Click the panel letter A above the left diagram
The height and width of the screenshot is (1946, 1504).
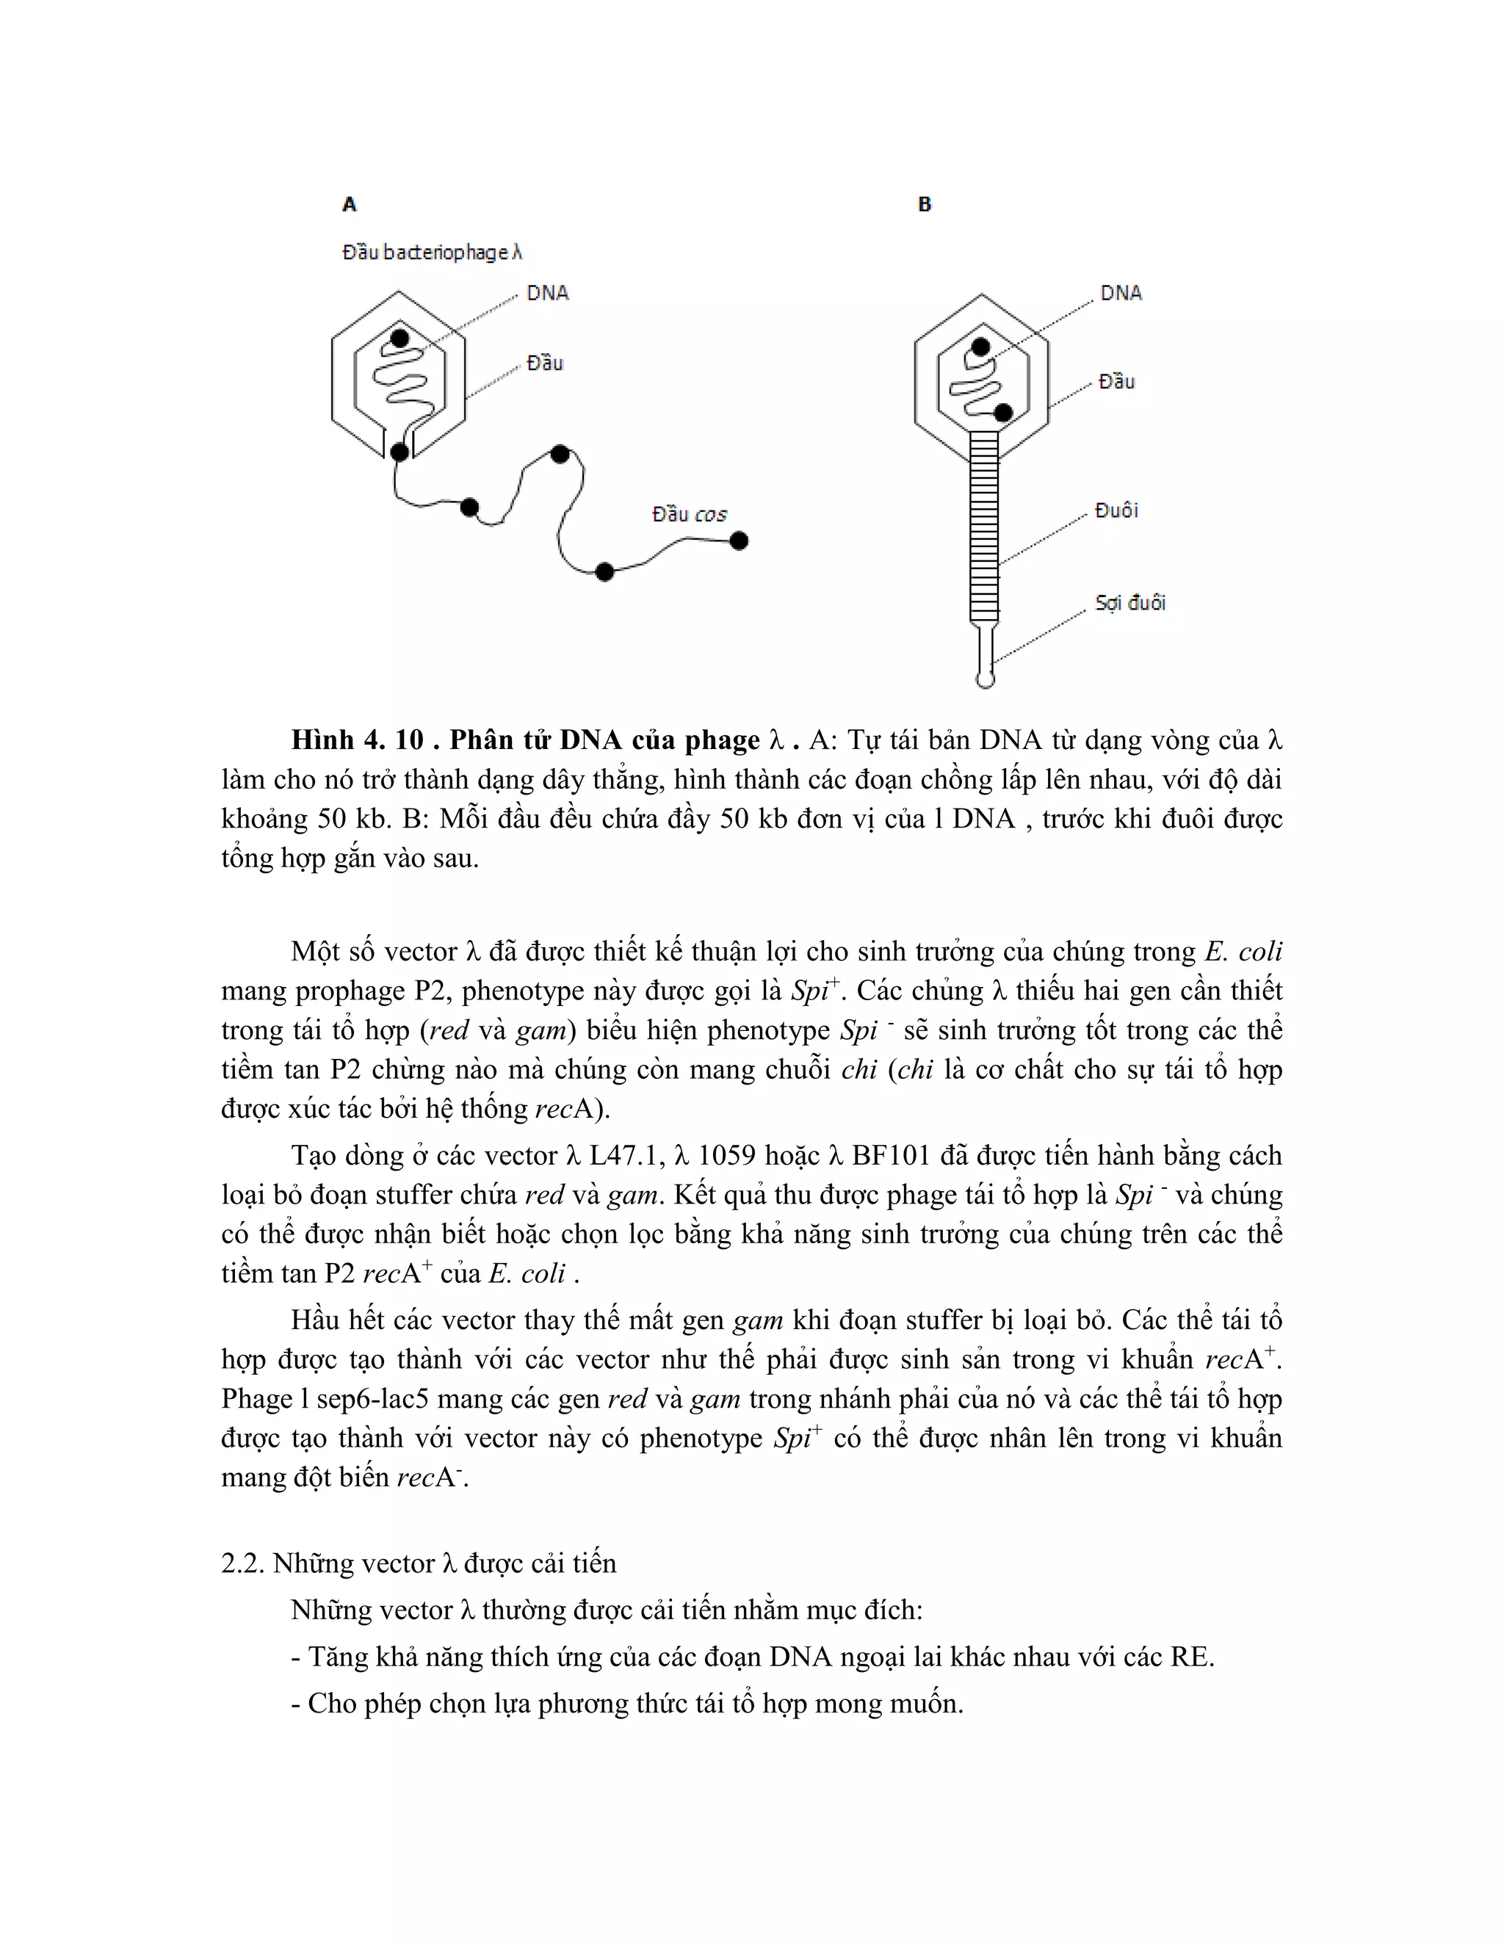[350, 205]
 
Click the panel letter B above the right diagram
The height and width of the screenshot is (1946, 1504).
[924, 205]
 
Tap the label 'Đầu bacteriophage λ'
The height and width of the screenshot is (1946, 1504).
[432, 253]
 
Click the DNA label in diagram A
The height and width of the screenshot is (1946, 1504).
[547, 293]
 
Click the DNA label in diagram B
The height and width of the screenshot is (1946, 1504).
[1121, 293]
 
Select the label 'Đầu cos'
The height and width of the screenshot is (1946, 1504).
[689, 514]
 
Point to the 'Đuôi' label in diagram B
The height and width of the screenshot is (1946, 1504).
[1116, 510]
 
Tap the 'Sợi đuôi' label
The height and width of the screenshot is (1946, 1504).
[1129, 603]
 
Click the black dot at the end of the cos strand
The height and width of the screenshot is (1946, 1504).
[739, 540]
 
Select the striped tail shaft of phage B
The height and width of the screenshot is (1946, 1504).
[985, 526]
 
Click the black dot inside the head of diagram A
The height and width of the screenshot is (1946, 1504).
[400, 339]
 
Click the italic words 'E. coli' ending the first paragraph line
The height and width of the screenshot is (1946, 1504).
[1244, 952]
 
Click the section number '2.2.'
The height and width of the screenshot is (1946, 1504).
[242, 1563]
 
